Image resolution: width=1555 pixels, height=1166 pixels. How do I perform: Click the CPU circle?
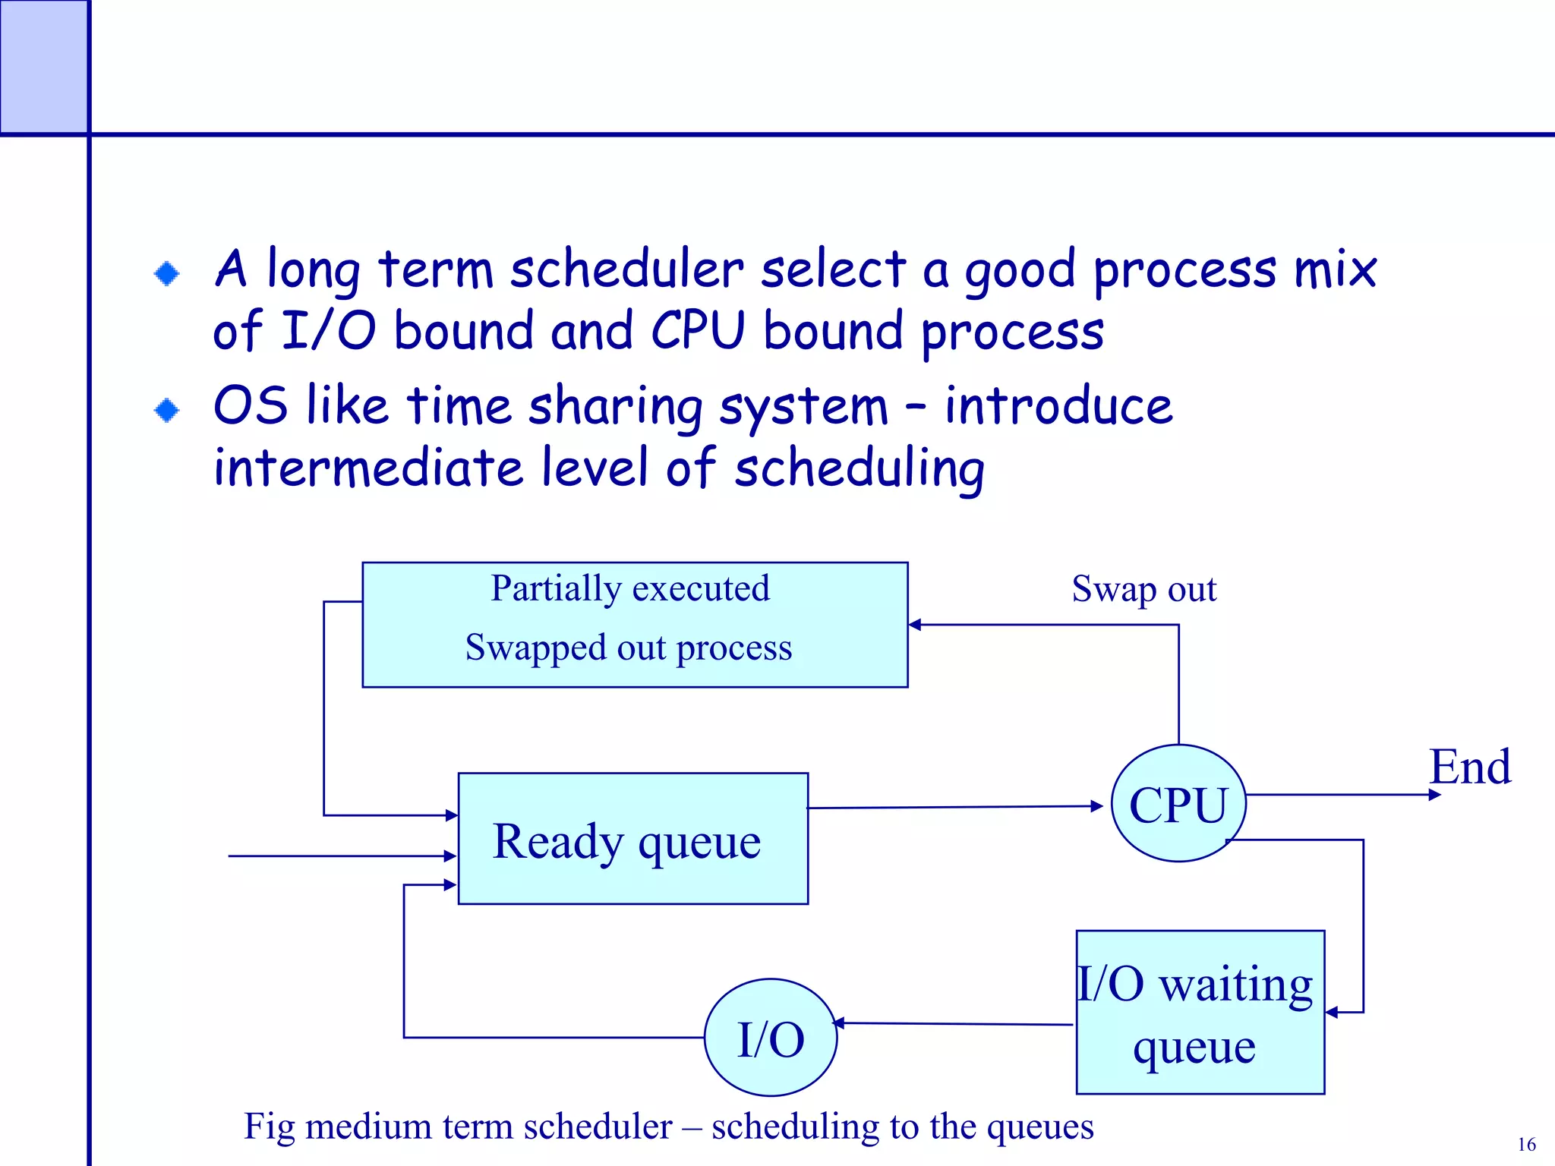[x=1178, y=803]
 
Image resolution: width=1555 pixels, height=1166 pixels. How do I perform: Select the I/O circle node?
[x=771, y=1038]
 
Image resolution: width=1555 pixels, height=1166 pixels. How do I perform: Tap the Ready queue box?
[x=633, y=839]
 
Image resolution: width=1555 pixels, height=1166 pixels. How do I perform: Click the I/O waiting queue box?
[x=1200, y=1013]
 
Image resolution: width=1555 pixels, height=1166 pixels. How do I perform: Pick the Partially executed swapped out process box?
[x=635, y=624]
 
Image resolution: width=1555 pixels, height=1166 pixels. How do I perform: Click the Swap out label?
[x=1143, y=589]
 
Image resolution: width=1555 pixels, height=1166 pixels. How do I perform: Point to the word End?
[x=1469, y=767]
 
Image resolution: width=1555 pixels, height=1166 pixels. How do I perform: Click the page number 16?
[x=1526, y=1144]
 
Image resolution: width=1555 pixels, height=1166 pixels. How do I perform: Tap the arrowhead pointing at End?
[x=1434, y=795]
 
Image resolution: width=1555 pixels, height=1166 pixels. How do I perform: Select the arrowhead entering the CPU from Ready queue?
[x=1096, y=806]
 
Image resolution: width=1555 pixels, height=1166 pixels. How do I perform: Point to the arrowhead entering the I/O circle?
[x=840, y=1023]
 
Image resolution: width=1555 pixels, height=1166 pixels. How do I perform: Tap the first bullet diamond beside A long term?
[x=166, y=273]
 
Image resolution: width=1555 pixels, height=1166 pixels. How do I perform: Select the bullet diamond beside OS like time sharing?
[x=166, y=411]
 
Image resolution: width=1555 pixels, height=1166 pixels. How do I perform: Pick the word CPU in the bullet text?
[x=698, y=331]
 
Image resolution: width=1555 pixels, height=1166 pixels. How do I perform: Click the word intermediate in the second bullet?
[x=368, y=468]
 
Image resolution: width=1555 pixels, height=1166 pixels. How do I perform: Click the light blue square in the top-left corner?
[x=43, y=66]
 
